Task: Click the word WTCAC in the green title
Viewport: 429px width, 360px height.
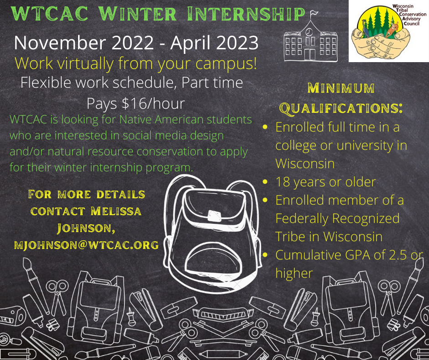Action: [50, 14]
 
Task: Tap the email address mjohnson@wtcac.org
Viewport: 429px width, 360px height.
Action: [86, 244]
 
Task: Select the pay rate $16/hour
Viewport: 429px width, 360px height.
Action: [153, 104]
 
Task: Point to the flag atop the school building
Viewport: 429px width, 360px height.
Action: [314, 13]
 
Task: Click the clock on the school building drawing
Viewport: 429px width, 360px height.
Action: [309, 32]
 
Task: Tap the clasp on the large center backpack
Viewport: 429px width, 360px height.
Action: [214, 216]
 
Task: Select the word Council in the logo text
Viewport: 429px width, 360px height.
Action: [412, 23]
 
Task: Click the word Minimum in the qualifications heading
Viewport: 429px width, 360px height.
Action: [341, 88]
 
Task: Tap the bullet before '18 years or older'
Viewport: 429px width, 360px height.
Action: [265, 182]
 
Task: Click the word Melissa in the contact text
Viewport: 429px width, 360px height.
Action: [116, 211]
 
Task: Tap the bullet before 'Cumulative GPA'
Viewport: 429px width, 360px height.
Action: [265, 255]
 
